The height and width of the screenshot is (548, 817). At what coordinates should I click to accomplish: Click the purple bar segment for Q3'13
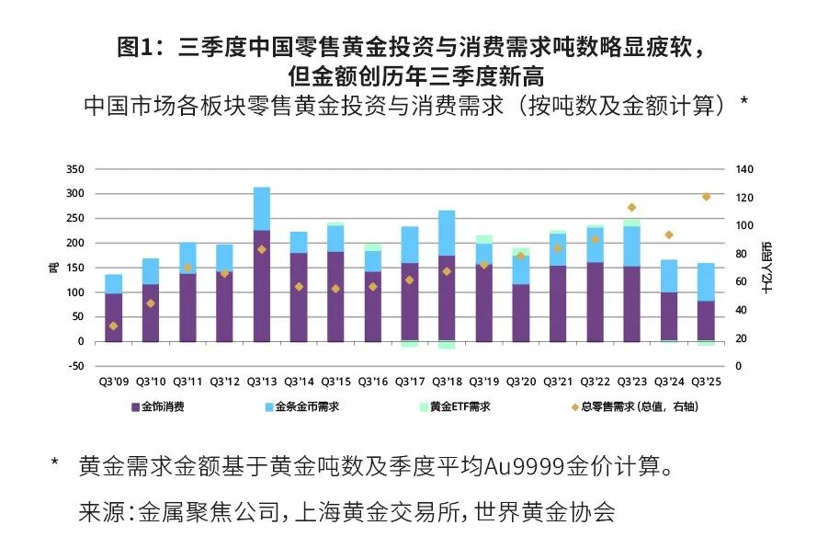262,285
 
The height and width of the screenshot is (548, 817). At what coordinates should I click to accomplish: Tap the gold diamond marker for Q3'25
707,197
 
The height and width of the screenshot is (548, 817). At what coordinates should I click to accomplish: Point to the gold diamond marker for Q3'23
631,208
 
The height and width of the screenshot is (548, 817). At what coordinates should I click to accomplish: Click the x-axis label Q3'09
114,380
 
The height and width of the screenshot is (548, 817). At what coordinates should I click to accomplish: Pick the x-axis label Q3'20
521,380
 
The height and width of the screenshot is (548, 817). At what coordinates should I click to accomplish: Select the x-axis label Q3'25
707,380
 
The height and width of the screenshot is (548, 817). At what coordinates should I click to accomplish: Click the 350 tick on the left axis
74,169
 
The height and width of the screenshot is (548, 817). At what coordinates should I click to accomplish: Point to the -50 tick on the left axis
74,366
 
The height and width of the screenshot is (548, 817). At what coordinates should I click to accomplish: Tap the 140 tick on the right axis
743,169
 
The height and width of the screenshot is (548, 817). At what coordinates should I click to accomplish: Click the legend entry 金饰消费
163,405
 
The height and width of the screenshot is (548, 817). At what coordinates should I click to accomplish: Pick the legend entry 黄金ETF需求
460,405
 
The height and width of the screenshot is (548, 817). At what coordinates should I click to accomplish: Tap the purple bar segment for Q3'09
114,317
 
